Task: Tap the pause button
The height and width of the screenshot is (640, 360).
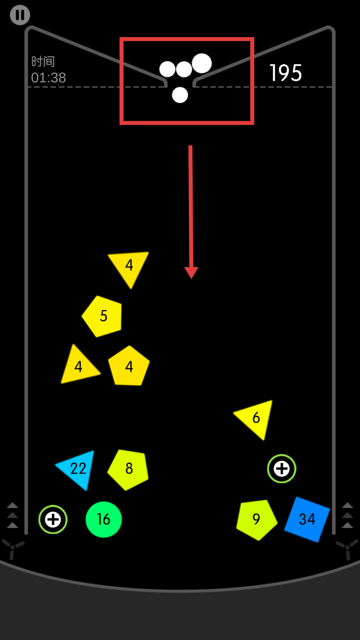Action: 20,15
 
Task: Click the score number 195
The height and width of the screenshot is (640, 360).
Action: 286,73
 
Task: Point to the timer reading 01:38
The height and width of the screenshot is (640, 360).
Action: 48,78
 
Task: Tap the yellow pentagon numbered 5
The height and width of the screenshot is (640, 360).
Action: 103,316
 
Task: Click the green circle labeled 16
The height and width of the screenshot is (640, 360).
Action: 104,520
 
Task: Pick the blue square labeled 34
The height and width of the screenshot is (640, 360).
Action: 307,519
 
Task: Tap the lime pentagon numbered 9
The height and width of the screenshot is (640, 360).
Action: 256,519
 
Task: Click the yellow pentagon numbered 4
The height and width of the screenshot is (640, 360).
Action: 129,367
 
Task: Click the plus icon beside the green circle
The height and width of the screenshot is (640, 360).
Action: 53,520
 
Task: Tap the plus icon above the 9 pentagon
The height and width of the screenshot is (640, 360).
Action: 282,469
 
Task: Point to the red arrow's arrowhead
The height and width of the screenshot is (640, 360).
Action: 191,272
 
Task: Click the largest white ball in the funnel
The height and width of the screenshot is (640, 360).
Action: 202,63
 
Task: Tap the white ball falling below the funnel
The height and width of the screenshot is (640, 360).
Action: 180,95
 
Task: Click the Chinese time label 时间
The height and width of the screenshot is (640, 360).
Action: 43,61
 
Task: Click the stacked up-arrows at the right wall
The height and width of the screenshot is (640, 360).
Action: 347,515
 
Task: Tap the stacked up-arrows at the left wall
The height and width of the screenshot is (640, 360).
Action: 12,515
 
